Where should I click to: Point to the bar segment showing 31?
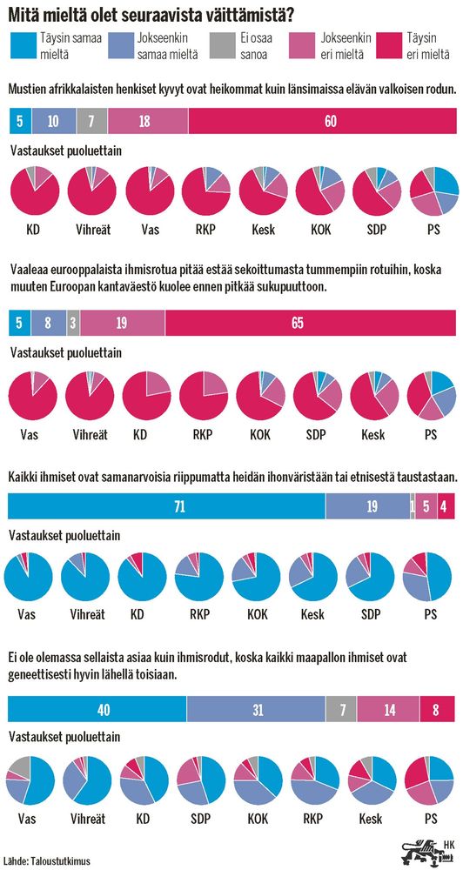pos(256,710)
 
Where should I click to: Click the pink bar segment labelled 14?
pos(388,710)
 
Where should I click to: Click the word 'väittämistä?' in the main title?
pos(252,13)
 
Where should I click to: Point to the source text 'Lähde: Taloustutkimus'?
pos(51,860)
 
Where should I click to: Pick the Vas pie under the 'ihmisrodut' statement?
pos(30,780)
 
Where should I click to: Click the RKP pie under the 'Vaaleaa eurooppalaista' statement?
pos(204,396)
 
